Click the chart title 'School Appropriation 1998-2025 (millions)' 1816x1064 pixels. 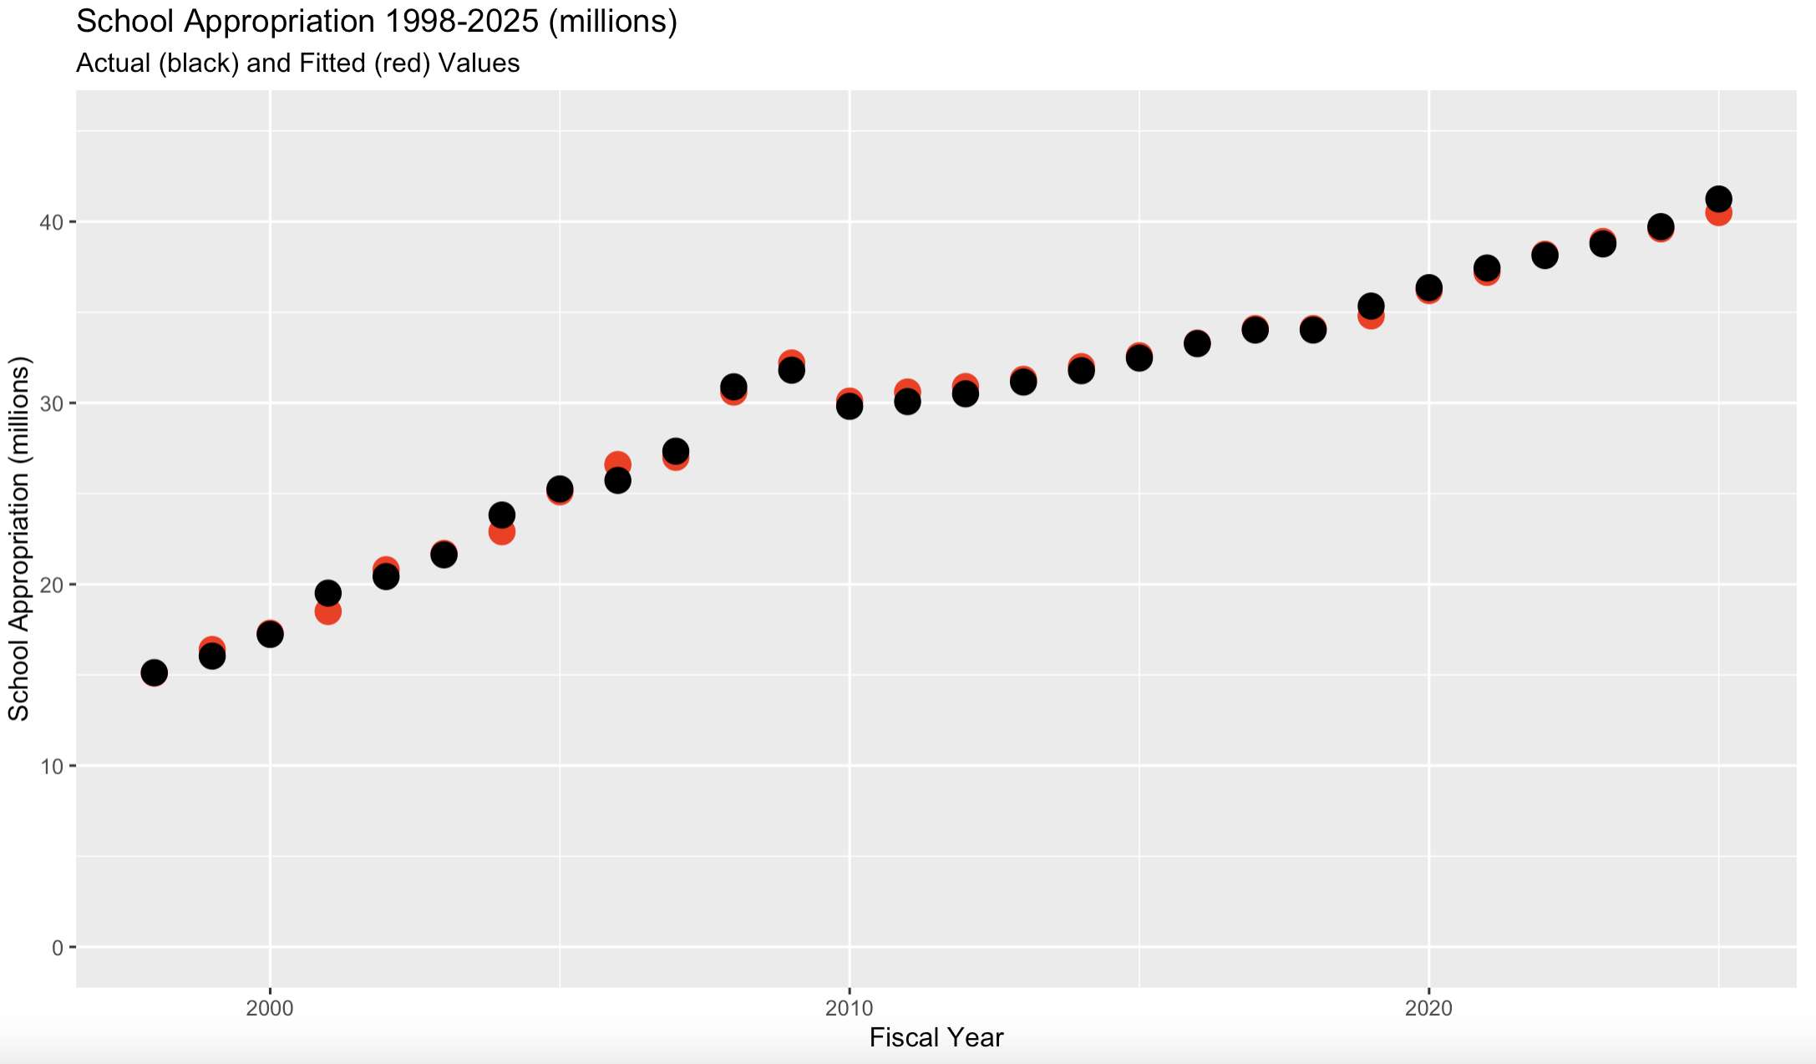pyautogui.click(x=376, y=23)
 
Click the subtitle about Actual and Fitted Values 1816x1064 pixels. pyautogui.click(x=297, y=63)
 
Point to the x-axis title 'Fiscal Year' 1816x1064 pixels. pyautogui.click(x=936, y=1037)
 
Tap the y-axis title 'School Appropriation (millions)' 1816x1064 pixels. pyautogui.click(x=18, y=538)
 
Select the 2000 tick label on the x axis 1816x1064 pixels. pyautogui.click(x=270, y=1008)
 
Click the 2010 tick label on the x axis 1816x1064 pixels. pyautogui.click(x=850, y=1008)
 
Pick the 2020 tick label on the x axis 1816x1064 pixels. pyautogui.click(x=1429, y=1008)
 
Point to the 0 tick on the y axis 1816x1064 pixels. pyautogui.click(x=58, y=947)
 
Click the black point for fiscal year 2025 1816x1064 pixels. pyautogui.click(x=1718, y=199)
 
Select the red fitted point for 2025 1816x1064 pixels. pyautogui.click(x=1718, y=215)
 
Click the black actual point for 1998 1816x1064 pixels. pyautogui.click(x=154, y=671)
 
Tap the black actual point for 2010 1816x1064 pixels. pyautogui.click(x=850, y=407)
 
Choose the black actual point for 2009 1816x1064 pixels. pyautogui.click(x=791, y=371)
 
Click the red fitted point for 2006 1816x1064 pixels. pyautogui.click(x=617, y=463)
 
